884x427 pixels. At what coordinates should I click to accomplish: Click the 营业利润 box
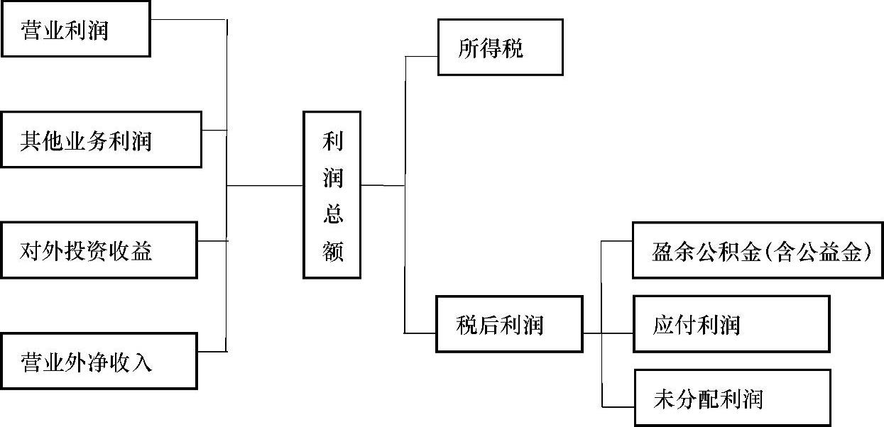[75, 29]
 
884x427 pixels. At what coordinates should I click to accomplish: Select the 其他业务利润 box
[101, 139]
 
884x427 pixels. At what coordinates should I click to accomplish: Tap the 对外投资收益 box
[99, 250]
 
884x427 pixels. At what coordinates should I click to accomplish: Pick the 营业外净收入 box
[99, 362]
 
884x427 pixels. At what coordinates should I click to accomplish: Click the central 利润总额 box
[332, 194]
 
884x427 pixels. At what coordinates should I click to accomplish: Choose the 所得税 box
[500, 47]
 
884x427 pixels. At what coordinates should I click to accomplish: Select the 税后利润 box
[508, 324]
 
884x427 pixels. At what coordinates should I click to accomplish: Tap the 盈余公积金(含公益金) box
[758, 250]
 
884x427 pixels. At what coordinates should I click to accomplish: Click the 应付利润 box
[731, 324]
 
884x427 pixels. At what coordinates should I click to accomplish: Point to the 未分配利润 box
[731, 398]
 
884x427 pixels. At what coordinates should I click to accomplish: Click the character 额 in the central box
[332, 250]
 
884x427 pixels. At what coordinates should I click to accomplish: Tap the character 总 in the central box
[332, 213]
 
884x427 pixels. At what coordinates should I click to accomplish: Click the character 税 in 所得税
[511, 48]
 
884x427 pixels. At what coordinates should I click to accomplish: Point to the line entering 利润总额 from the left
[264, 186]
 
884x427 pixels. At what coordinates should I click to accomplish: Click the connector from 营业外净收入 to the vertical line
[212, 350]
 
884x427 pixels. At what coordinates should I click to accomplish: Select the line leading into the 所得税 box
[421, 56]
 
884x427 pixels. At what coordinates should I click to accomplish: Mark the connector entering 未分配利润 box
[617, 406]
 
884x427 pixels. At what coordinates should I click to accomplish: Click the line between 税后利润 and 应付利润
[608, 332]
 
